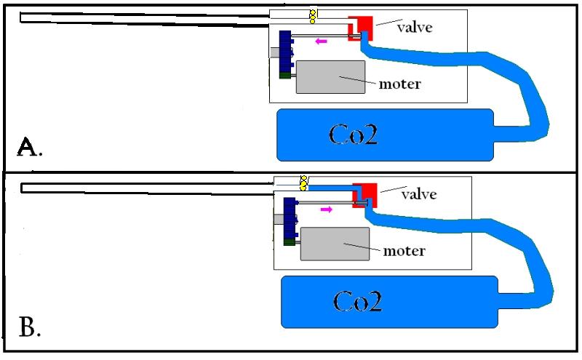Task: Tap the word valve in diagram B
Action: [x=419, y=194]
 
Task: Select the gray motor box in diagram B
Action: [x=334, y=244]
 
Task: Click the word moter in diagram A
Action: [x=399, y=84]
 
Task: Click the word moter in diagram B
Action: [x=404, y=251]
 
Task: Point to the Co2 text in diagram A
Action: [x=354, y=134]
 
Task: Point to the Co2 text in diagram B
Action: [x=357, y=300]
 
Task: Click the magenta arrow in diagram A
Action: [x=321, y=41]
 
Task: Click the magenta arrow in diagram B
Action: [x=326, y=209]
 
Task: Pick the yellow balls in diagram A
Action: [x=314, y=15]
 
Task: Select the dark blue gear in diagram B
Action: [x=289, y=218]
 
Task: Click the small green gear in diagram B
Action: [x=290, y=241]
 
